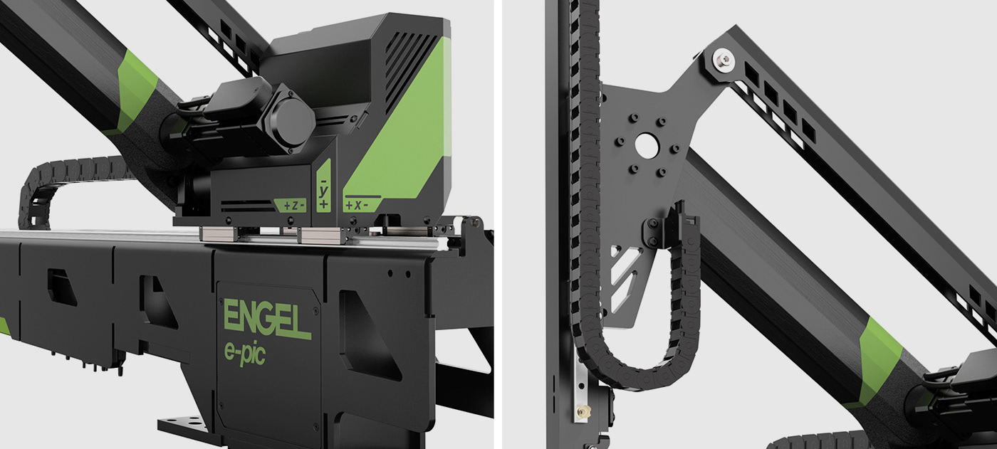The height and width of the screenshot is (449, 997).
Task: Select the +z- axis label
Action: point(293,205)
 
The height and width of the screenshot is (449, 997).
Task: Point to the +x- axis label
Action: point(355,204)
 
